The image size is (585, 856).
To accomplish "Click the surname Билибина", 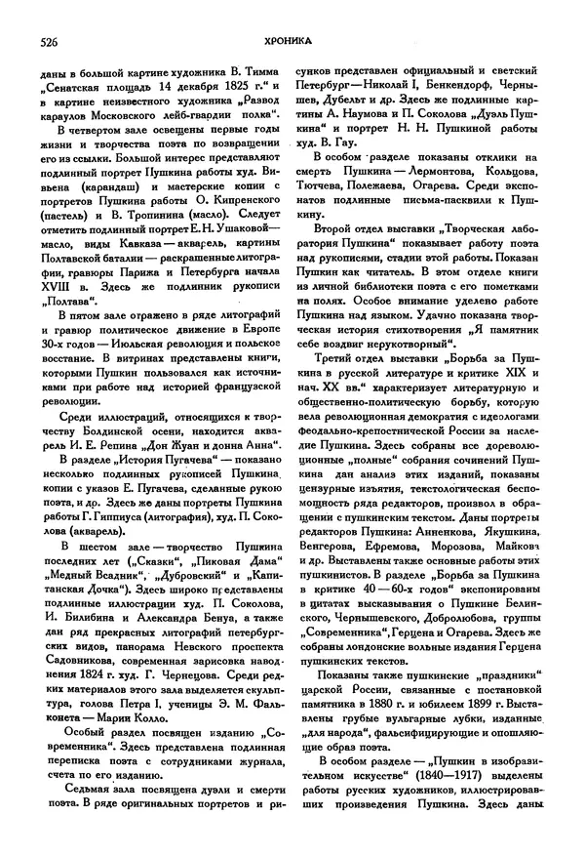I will pos(81,618).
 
